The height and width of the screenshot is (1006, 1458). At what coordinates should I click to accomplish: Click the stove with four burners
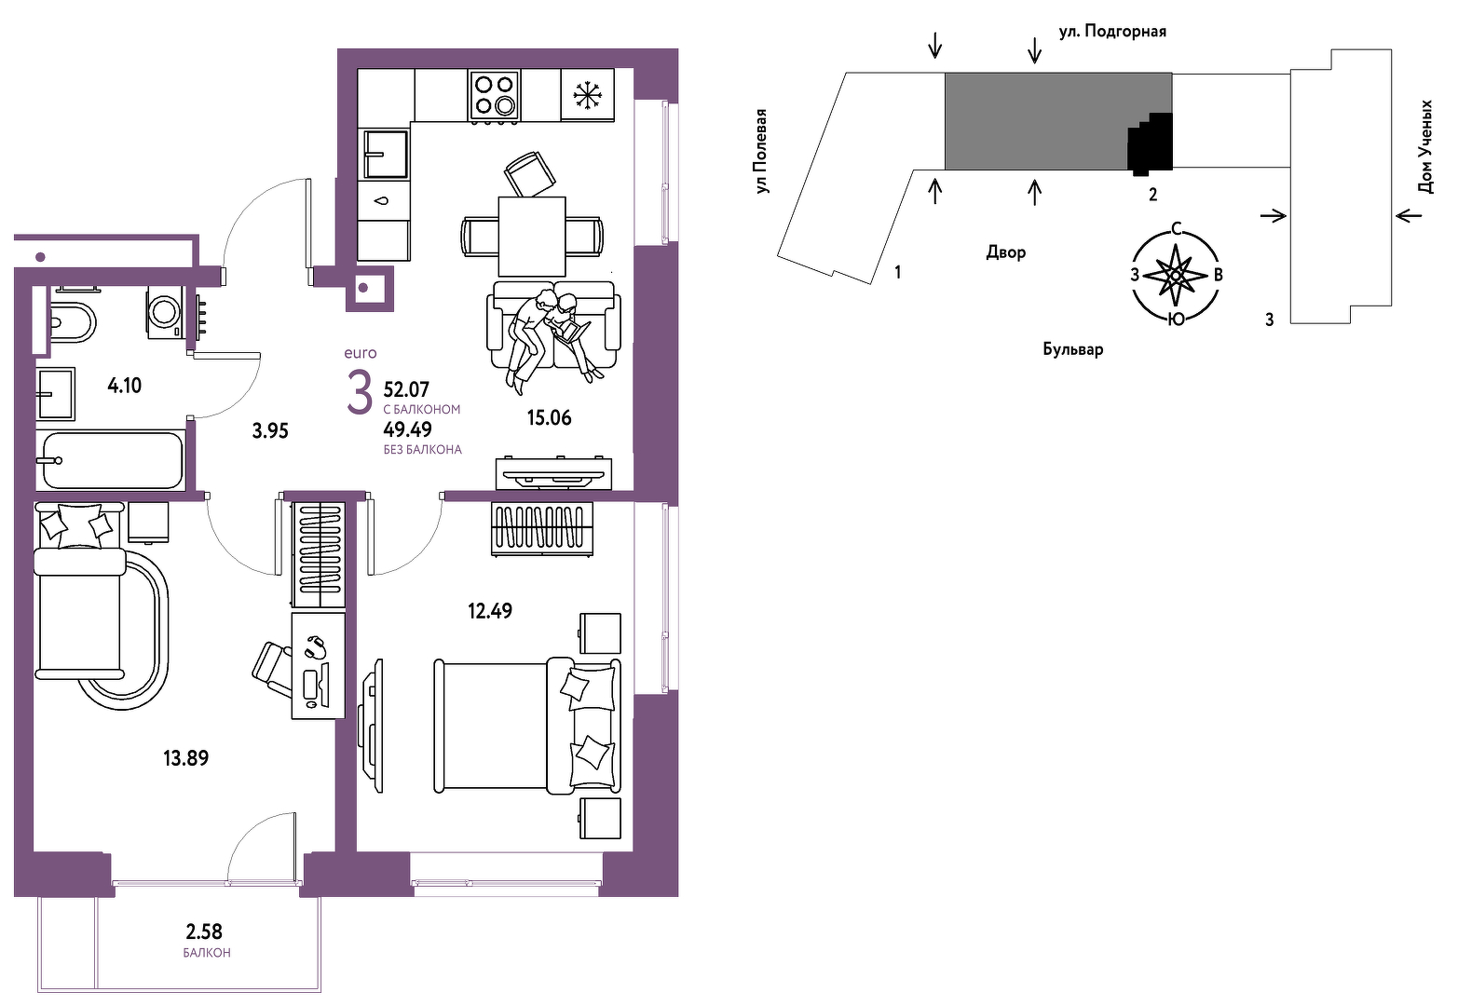[495, 96]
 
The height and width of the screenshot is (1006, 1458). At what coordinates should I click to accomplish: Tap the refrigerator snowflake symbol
[588, 95]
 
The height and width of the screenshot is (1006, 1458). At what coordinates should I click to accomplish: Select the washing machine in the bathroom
[165, 312]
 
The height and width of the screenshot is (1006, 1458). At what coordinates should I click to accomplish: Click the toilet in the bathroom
[73, 321]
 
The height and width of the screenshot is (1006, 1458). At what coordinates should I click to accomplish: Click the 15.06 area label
[550, 417]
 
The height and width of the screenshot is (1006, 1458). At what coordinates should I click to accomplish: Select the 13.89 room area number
[186, 758]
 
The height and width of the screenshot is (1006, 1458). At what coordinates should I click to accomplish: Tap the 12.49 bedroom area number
[490, 611]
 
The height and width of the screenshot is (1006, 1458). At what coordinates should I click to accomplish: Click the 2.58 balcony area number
[204, 931]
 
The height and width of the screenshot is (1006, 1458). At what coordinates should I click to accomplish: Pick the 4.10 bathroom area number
[124, 386]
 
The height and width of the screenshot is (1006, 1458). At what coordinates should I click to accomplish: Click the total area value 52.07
[407, 389]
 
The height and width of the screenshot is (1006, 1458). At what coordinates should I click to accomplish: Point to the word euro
[361, 353]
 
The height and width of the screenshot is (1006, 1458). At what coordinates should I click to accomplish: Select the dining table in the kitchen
[532, 237]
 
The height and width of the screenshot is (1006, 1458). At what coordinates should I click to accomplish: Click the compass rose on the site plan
[1176, 276]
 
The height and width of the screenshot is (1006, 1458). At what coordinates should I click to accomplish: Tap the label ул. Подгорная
[1112, 32]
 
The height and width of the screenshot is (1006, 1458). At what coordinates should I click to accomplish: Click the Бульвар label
[1073, 349]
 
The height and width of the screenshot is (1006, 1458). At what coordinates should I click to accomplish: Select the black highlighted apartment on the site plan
[1151, 143]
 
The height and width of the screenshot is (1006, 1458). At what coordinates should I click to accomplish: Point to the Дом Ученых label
[1425, 146]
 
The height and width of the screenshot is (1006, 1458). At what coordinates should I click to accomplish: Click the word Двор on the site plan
[1006, 251]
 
